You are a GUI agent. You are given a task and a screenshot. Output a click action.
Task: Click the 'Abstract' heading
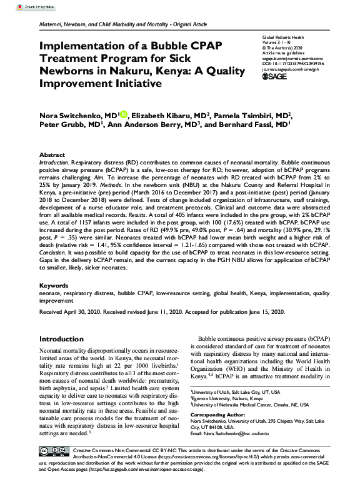pyautogui.click(x=52, y=154)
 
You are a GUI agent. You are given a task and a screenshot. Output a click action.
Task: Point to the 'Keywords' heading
pyautogui.click(x=54, y=285)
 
